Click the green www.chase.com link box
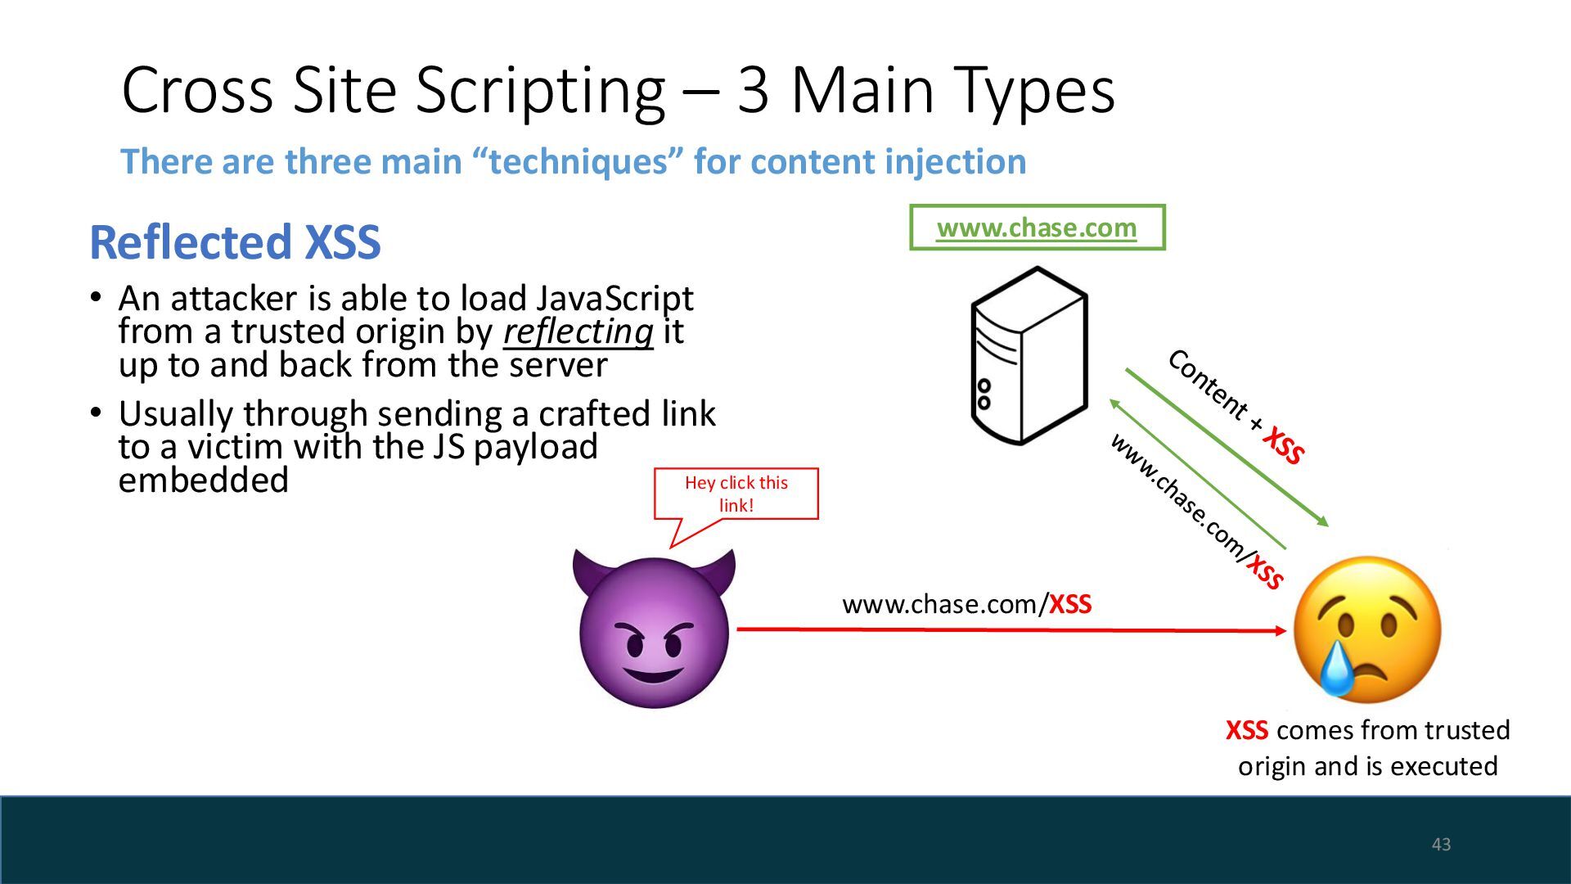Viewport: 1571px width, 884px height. (x=1037, y=228)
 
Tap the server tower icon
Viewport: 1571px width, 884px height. (x=1029, y=356)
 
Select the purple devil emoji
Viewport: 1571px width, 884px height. (x=654, y=629)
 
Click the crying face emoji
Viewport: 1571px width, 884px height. (x=1367, y=629)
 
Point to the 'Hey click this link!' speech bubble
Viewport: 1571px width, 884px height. (x=736, y=494)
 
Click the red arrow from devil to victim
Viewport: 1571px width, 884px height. (x=1011, y=629)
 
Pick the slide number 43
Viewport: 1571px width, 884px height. (x=1441, y=844)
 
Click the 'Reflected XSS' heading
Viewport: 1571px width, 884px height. (x=235, y=242)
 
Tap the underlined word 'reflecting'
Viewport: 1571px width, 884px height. (x=578, y=332)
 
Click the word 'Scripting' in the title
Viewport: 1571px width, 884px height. (x=540, y=90)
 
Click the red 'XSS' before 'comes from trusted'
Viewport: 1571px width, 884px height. (x=1247, y=730)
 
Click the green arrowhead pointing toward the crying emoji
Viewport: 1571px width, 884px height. (x=1321, y=521)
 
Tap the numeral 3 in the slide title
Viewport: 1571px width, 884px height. (x=753, y=90)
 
